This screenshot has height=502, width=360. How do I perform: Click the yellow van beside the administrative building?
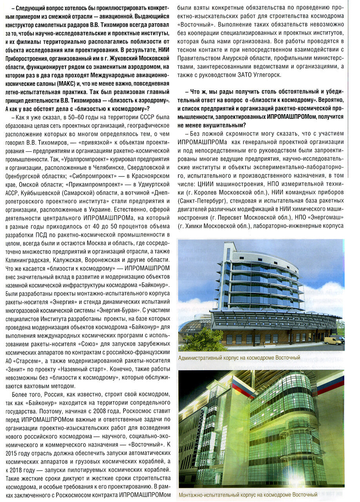[332, 341]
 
